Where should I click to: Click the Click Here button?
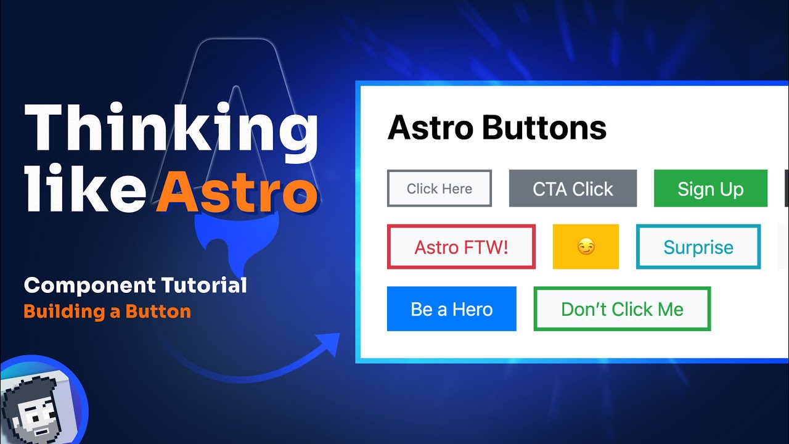(x=439, y=189)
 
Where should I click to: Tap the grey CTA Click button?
(x=573, y=189)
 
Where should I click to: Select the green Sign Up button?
(x=710, y=189)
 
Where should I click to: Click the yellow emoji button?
(x=586, y=247)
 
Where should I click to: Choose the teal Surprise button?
(x=698, y=247)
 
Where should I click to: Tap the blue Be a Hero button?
(x=451, y=309)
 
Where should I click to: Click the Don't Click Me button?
(x=622, y=309)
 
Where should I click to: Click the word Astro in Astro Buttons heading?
(x=430, y=128)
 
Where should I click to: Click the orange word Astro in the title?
(x=237, y=191)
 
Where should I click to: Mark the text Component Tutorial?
(x=135, y=286)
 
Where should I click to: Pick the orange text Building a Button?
(x=107, y=311)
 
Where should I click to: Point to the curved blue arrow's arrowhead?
(x=330, y=343)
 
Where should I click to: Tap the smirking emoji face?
(x=586, y=247)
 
